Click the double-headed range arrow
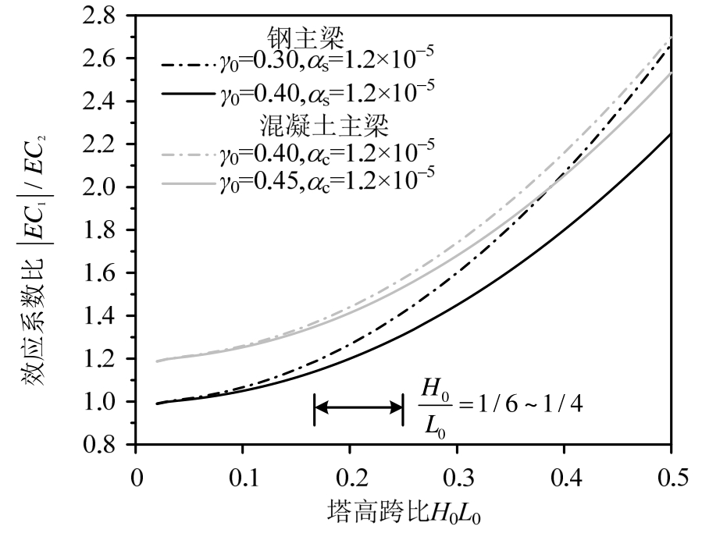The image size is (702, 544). (358, 407)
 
